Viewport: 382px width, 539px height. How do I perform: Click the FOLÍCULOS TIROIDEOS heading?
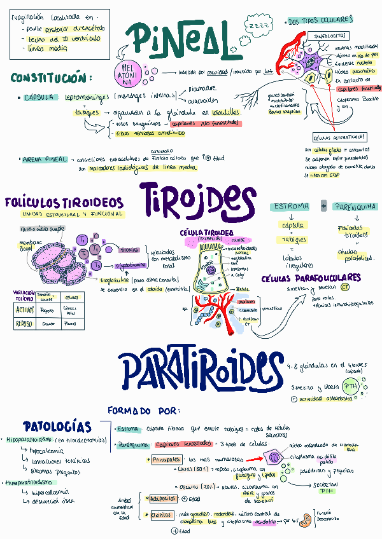point(64,203)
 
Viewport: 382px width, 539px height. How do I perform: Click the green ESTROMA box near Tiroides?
point(290,207)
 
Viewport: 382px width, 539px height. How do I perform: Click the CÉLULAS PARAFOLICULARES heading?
point(311,278)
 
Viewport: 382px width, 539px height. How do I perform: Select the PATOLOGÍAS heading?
point(57,426)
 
